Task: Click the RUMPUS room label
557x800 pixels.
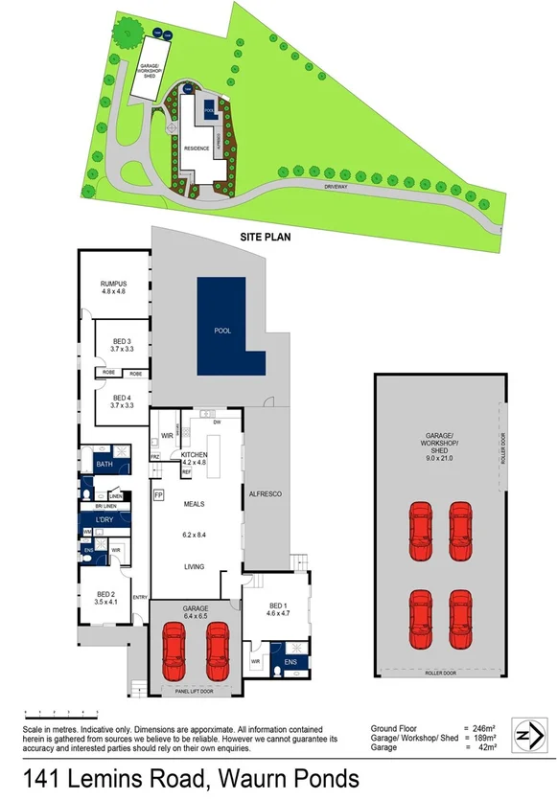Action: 114,285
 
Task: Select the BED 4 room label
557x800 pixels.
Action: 122,398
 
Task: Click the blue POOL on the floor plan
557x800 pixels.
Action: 231,328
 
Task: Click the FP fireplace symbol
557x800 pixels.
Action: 159,495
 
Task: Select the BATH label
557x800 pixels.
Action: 104,465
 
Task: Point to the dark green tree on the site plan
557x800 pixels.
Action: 124,35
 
